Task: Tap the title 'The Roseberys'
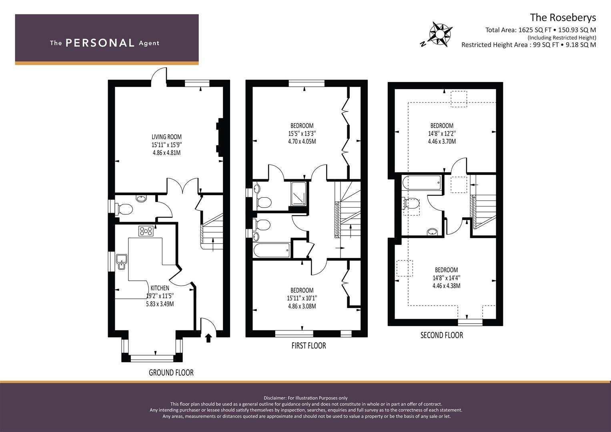[x=563, y=18]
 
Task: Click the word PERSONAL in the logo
[x=100, y=43]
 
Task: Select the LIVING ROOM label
[x=166, y=137]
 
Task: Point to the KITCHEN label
[x=160, y=288]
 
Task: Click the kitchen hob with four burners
[x=146, y=231]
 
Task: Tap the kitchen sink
[x=121, y=262]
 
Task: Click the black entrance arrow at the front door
[x=208, y=338]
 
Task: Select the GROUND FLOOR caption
[x=171, y=372]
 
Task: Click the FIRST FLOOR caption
[x=309, y=346]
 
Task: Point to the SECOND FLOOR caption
[x=442, y=335]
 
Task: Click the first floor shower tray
[x=298, y=194]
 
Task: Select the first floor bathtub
[x=271, y=250]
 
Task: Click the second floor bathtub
[x=421, y=182]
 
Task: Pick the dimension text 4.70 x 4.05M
[x=302, y=142]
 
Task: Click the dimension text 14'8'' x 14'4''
[x=446, y=278]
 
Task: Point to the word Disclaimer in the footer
[x=275, y=398]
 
